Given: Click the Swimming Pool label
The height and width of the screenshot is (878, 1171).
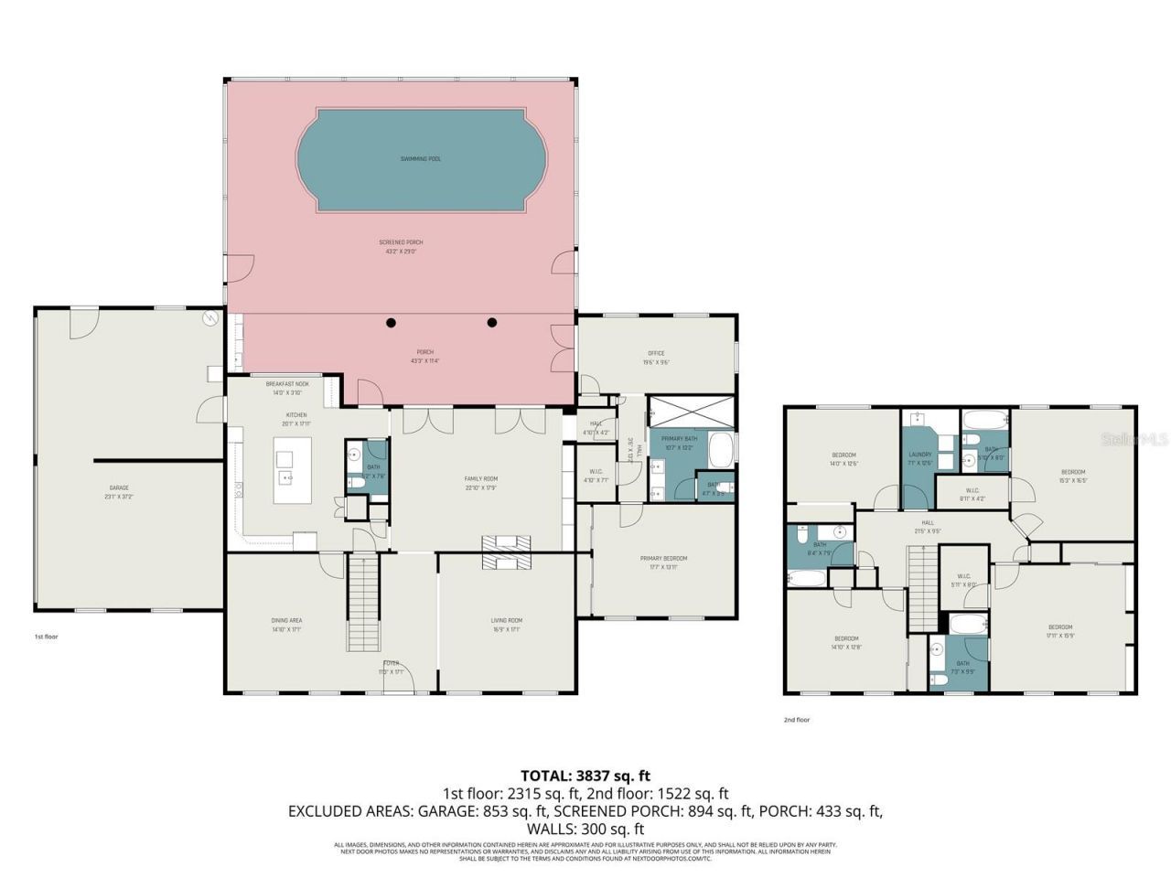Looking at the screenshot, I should point(421,159).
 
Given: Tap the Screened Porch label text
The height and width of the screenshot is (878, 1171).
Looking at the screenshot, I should point(401,242).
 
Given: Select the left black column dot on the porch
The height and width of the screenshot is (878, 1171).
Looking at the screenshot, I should point(392,322).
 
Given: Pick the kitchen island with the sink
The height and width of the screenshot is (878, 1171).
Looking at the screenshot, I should point(292,469).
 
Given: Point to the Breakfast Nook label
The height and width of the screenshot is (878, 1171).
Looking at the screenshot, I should point(287,384).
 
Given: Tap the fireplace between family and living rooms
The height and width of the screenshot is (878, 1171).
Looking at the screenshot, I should point(506,552).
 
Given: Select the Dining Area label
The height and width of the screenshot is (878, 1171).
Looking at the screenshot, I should point(286,620).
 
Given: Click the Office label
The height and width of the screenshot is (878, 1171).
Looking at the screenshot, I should point(656,353).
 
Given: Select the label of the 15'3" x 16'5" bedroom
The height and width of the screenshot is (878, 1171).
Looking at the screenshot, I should point(1072,472).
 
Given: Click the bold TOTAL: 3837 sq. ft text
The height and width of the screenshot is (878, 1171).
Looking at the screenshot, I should point(585,776).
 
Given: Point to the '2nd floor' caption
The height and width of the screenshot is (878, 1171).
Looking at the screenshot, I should point(796,720).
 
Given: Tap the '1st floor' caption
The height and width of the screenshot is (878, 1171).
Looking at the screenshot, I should point(46,637).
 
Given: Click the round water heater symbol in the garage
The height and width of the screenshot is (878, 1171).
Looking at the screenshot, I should point(210,319).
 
